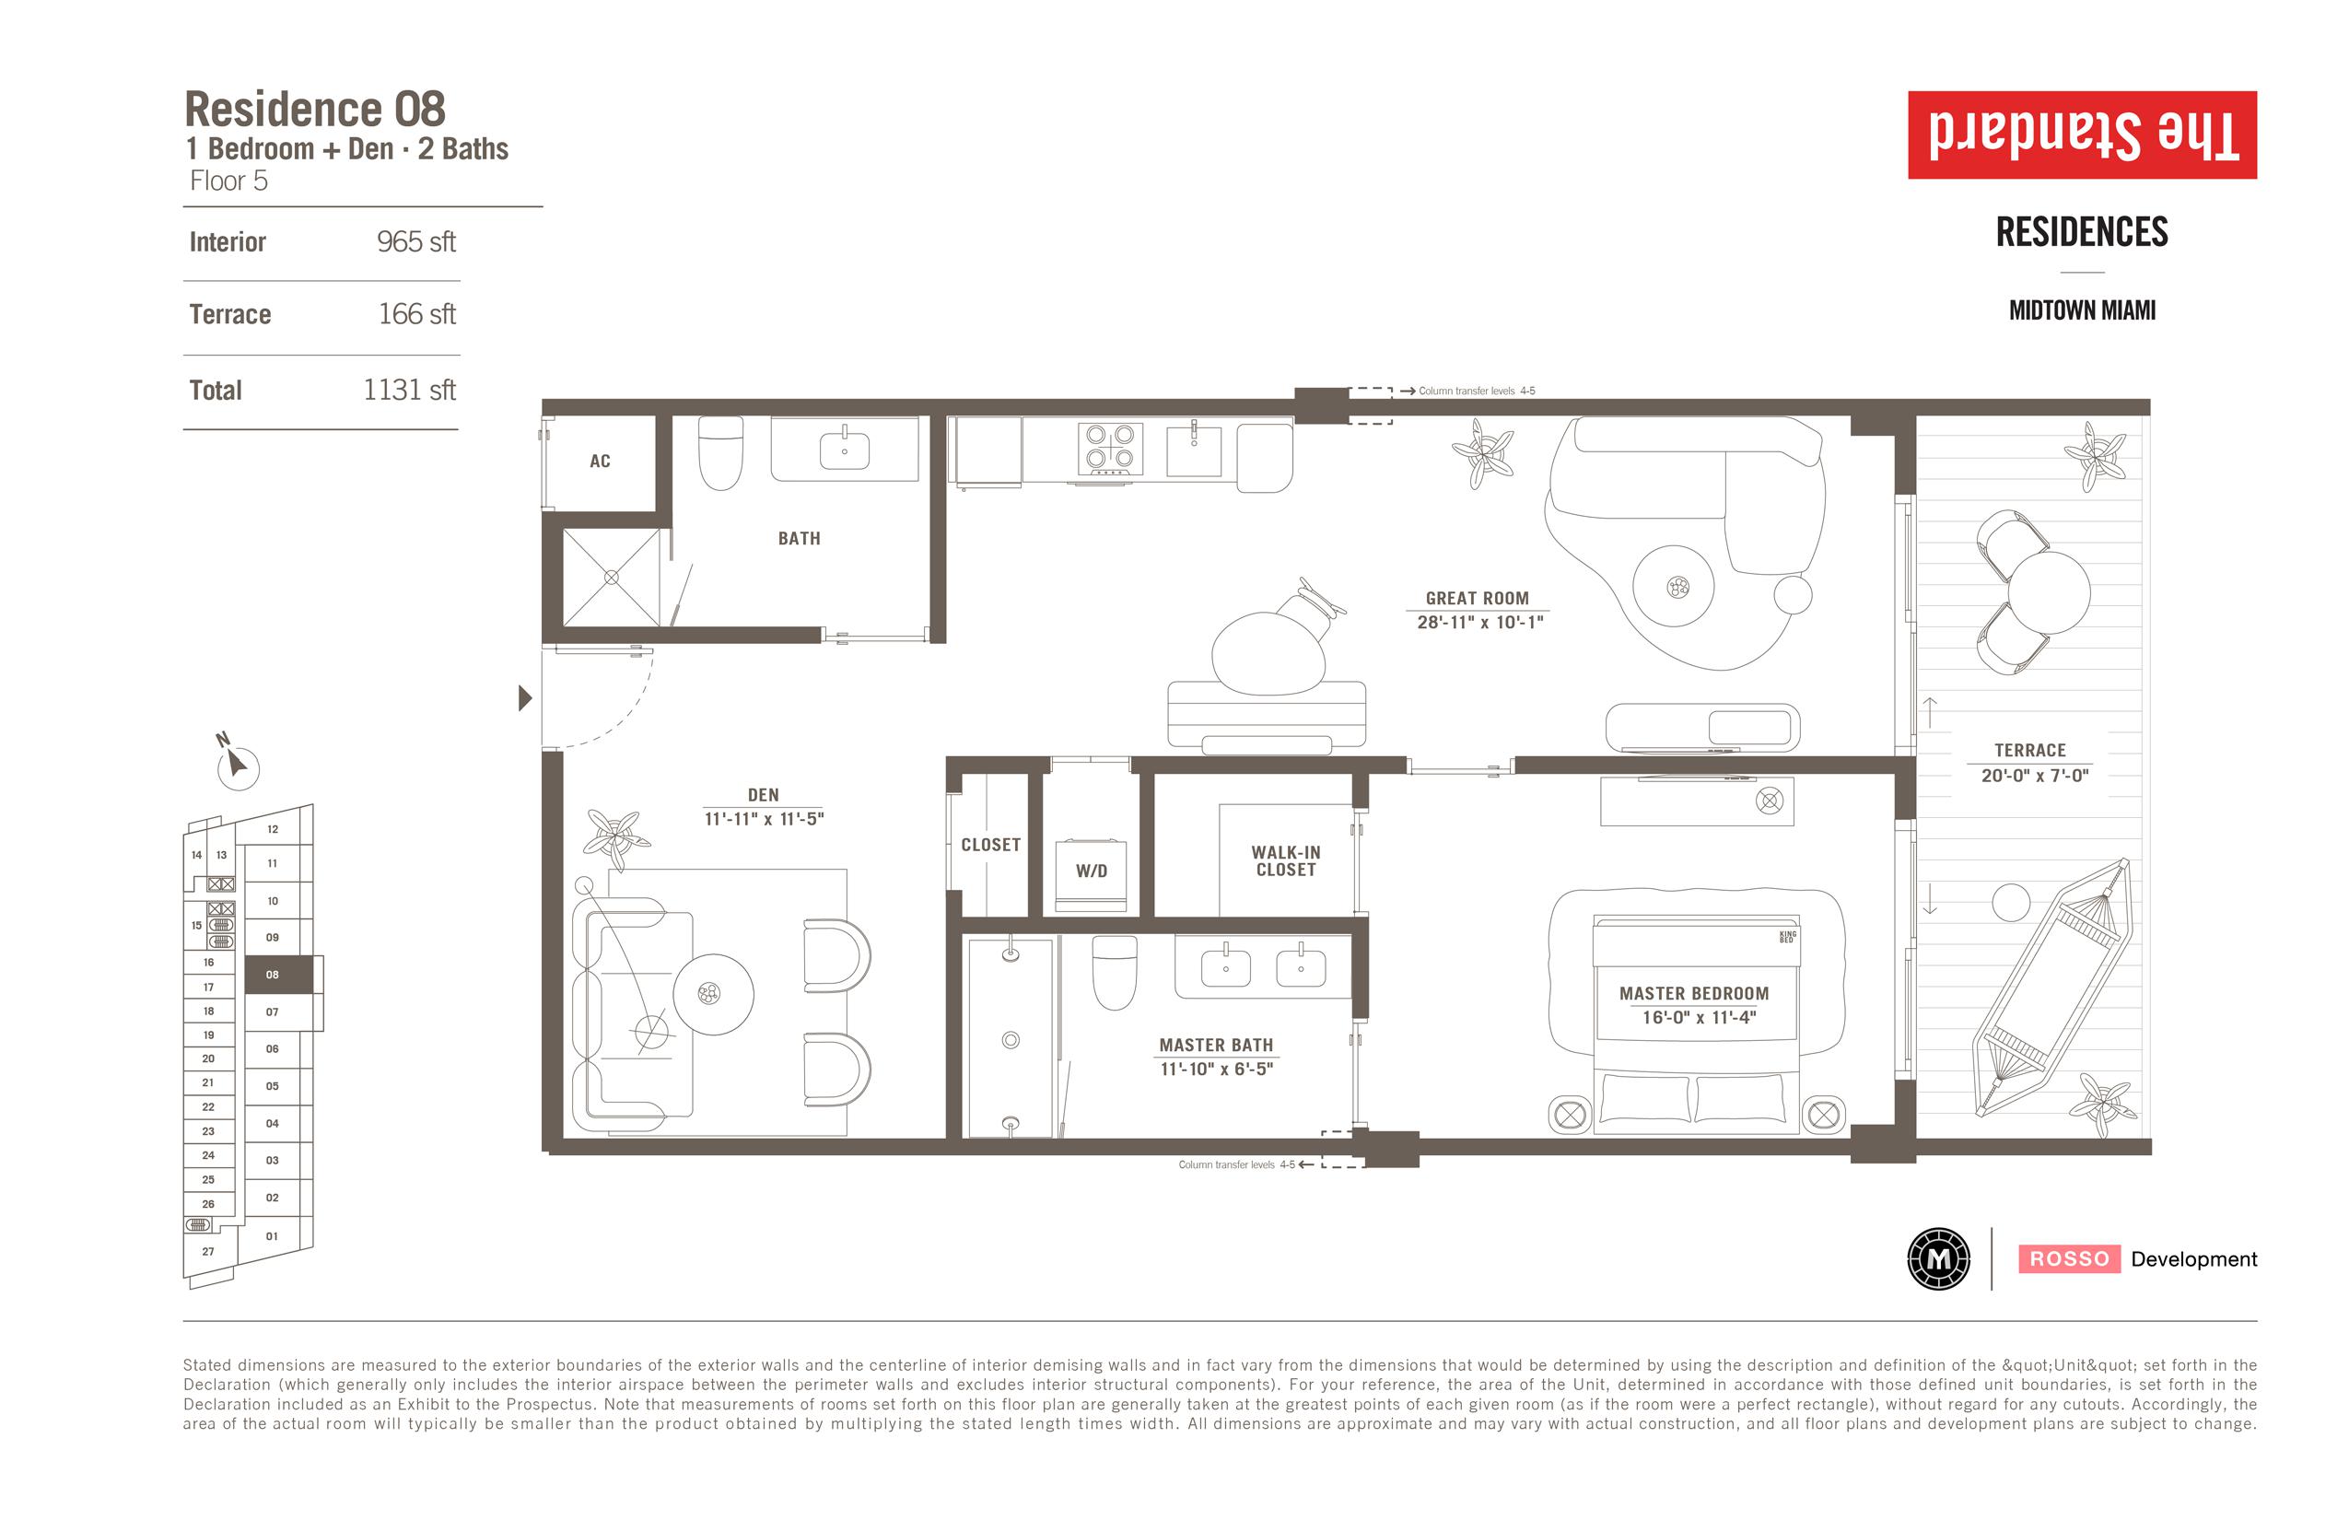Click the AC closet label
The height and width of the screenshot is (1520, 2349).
600,461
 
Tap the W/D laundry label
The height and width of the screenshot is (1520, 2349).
1092,871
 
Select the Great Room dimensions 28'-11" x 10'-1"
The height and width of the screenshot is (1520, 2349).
1479,622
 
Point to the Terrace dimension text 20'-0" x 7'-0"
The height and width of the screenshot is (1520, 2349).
2035,776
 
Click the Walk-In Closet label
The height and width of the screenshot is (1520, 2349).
1286,860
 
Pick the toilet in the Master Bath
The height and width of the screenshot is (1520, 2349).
1115,972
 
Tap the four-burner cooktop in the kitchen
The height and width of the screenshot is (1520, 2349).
1110,450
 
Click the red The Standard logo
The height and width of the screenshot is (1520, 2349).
2083,135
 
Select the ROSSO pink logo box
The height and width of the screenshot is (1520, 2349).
2069,1258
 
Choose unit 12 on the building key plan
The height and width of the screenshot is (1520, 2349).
273,829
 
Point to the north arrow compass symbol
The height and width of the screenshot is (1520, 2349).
236,764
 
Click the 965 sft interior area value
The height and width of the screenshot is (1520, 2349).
415,241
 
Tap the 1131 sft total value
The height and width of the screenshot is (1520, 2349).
409,390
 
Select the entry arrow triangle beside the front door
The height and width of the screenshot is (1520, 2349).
525,698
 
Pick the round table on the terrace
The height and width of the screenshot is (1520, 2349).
2049,592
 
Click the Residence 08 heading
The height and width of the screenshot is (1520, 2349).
315,109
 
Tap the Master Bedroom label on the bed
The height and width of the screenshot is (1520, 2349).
1694,994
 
